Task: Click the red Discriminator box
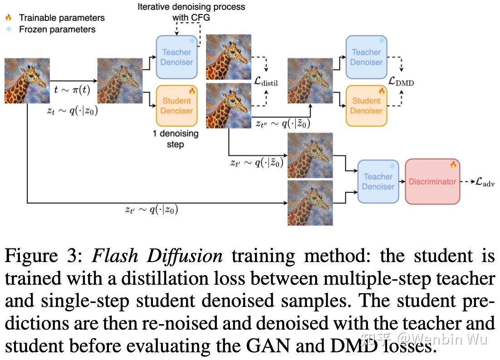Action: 432,181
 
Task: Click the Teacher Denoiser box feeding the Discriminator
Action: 378,181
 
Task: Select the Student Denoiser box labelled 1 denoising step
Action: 176,106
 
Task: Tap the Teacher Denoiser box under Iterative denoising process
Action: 176,57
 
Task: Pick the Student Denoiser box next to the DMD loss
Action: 366,106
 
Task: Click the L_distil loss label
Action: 266,82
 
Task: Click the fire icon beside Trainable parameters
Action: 8,18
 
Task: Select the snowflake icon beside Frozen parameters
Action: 8,29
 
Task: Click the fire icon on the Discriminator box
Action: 452,165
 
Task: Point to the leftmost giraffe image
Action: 27,81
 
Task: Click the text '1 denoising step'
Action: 175,139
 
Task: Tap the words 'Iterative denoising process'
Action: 191,7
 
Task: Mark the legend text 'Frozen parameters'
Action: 57,29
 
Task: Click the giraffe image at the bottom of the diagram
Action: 310,203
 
